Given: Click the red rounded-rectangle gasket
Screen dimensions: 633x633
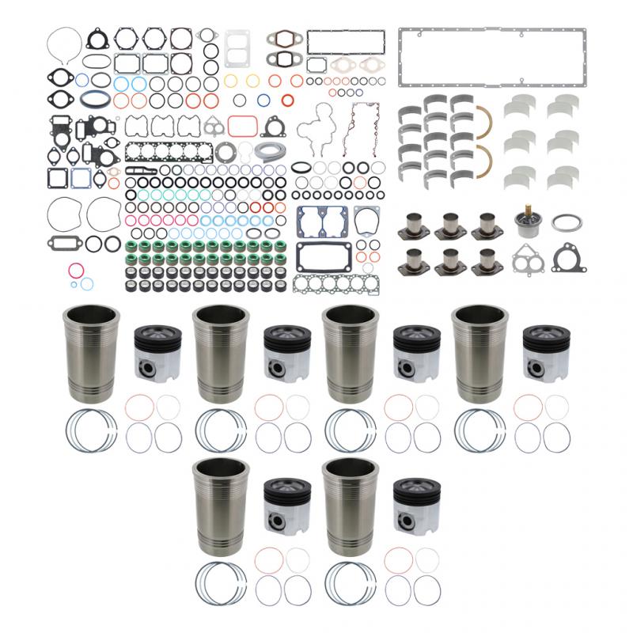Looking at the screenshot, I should (241, 127).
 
